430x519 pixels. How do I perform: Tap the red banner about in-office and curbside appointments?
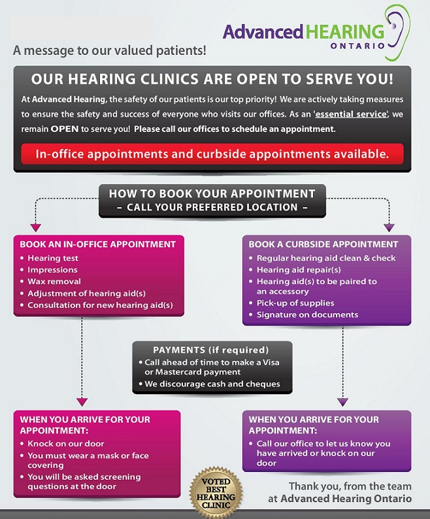point(212,154)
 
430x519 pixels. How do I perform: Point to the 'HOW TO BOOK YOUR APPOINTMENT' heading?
point(212,193)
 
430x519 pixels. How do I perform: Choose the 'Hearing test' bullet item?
point(53,258)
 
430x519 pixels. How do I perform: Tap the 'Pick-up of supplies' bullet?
point(295,303)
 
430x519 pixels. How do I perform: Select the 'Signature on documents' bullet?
point(307,315)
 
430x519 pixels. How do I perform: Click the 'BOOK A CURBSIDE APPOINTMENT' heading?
point(323,244)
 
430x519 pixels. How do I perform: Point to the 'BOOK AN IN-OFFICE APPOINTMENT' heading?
point(97,244)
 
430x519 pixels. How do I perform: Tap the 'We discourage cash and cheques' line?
point(212,384)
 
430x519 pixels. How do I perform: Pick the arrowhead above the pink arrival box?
point(82,403)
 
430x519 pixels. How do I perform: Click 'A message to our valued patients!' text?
point(109,50)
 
